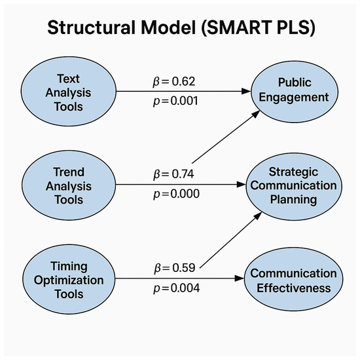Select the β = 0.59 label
pyautogui.click(x=173, y=268)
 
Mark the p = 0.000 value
pyautogui.click(x=173, y=195)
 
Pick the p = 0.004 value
pyautogui.click(x=173, y=288)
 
